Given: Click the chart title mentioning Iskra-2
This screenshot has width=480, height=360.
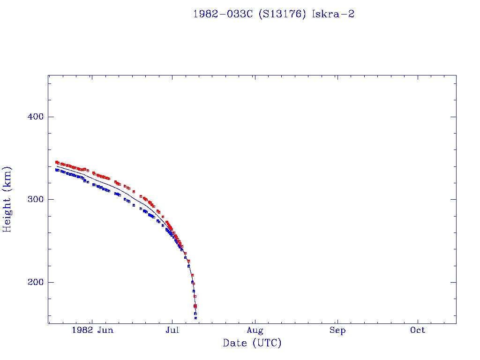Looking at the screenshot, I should [273, 14].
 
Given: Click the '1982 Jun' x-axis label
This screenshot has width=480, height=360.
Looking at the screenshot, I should [92, 330].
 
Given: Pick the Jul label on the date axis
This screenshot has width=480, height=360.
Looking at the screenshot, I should [172, 330].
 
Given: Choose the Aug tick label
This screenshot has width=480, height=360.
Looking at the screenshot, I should [255, 330].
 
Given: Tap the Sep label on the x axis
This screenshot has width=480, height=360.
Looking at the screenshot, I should [337, 330].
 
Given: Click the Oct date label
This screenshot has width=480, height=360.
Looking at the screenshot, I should [418, 330].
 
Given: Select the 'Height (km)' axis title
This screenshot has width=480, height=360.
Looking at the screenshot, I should [7, 199].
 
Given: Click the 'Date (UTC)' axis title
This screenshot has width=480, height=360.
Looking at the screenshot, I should [252, 343].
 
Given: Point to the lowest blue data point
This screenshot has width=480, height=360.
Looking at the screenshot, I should [195, 318].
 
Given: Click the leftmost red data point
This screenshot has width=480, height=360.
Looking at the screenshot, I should [56, 162].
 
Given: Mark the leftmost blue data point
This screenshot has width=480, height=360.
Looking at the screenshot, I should [56, 170].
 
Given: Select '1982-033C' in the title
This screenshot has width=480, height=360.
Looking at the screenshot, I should [223, 14].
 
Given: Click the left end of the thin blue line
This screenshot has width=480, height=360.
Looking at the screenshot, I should [57, 166].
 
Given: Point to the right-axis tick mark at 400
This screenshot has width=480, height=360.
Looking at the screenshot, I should [454, 117].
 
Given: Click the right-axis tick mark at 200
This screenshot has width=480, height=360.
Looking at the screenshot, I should [454, 282].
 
